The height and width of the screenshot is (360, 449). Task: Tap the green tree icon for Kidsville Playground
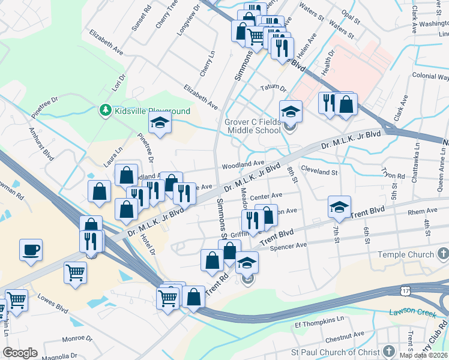[105, 110]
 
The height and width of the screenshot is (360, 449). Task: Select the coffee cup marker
[31, 250]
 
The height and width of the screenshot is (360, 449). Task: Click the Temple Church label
[405, 255]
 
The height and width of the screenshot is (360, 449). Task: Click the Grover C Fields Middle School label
[253, 126]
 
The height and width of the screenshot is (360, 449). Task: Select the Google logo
[20, 353]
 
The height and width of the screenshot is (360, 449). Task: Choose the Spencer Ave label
[288, 245]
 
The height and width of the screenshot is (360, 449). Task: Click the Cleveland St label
[319, 172]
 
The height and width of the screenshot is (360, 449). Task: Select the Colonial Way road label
[430, 77]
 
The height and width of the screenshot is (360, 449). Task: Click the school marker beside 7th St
[339, 207]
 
